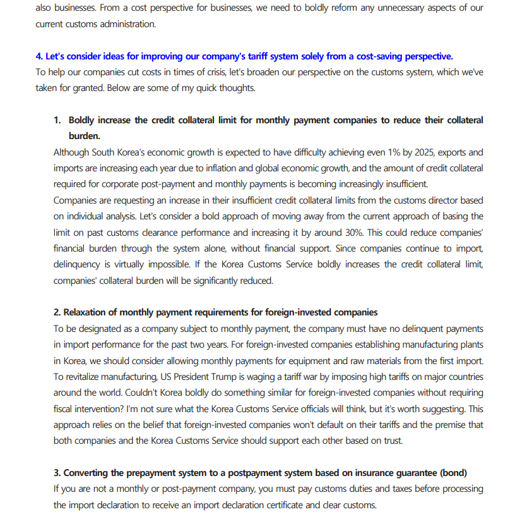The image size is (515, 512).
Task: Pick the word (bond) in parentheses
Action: (x=453, y=473)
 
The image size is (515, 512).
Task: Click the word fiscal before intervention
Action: (x=65, y=408)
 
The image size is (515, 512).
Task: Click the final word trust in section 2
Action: (x=391, y=441)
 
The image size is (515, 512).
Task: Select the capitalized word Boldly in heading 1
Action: (x=85, y=120)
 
